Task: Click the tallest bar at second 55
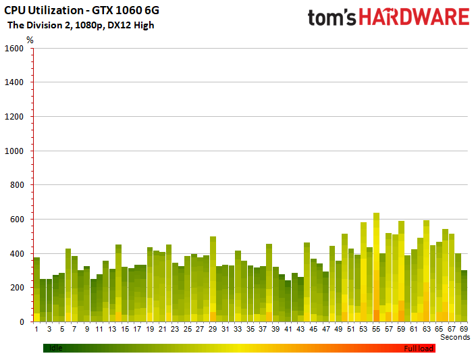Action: pos(376,267)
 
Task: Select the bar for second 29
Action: pos(213,279)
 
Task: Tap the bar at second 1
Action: pos(36,290)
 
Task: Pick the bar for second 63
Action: pos(426,271)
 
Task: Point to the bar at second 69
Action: pos(464,297)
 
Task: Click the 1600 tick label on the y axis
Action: pos(14,49)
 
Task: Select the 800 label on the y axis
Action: pos(17,184)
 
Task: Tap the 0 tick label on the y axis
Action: pos(22,322)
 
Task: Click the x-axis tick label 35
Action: pos(250,329)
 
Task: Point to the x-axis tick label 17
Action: pos(137,329)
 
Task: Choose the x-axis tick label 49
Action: pos(338,329)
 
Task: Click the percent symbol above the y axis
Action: pos(30,40)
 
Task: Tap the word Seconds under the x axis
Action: pos(455,337)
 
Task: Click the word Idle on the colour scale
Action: pos(55,348)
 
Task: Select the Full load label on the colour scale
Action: pos(419,349)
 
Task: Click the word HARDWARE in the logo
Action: pos(415,17)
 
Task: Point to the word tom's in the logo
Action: pos(332,18)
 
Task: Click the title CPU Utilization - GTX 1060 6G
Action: pos(82,10)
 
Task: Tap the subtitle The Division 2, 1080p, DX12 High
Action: pos(81,25)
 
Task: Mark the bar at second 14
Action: pos(118,283)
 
